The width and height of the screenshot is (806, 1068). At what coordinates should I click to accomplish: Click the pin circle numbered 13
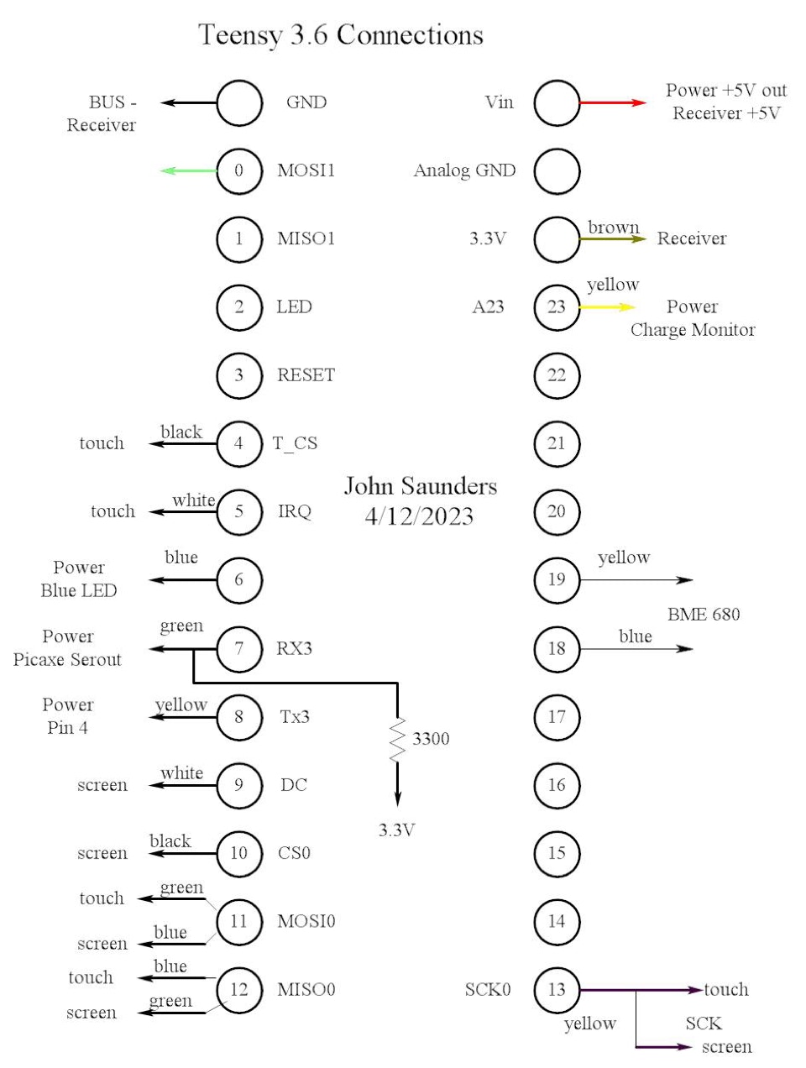pos(557,989)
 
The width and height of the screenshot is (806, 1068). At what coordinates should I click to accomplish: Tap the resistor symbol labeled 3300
pos(398,739)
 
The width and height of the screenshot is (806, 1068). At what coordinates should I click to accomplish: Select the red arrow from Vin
pos(613,102)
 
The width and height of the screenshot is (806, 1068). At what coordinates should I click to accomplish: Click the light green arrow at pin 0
pos(188,170)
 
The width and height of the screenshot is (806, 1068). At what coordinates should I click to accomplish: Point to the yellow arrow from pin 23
pos(607,307)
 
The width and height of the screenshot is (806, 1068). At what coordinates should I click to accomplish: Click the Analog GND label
pos(464,170)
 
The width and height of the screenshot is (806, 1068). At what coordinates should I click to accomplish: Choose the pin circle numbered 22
pos(557,375)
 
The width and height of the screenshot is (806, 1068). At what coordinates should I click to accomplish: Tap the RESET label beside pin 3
pos(306,375)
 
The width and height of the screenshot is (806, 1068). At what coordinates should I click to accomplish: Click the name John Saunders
pos(420,486)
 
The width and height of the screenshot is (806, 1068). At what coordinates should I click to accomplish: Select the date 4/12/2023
pos(419,516)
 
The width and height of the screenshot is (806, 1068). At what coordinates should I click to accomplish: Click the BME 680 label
pos(704,614)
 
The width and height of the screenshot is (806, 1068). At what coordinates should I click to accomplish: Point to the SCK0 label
pos(488,989)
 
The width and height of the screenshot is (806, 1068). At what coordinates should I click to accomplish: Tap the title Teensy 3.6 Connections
pos(341,34)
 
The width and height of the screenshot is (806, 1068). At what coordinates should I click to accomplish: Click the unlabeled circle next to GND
pos(239,102)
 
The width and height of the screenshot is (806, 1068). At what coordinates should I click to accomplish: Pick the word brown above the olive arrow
pos(614,228)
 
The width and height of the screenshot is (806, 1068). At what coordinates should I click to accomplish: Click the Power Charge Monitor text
pos(693,318)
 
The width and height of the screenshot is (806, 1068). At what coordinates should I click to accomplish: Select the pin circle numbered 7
pos(239,648)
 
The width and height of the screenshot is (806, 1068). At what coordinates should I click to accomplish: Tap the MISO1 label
pos(306,238)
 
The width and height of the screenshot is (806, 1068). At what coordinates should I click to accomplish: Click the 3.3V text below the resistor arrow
pos(397,830)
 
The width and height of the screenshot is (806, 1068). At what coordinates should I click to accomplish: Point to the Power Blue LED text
pos(79,579)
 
